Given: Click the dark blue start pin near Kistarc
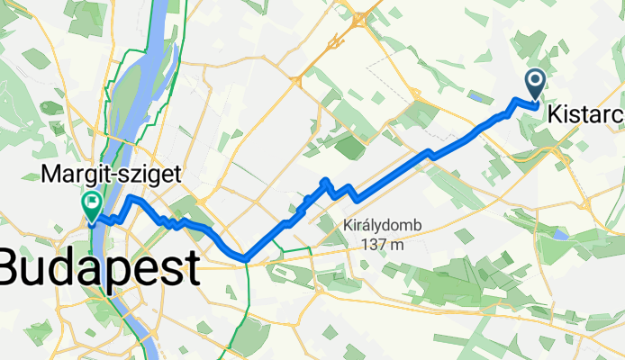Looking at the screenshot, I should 534,85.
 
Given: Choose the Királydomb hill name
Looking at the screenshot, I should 383,226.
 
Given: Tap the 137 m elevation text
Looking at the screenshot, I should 383,243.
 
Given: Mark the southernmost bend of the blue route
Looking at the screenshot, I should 244,260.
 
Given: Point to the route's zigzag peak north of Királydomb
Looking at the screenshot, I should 326,182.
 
